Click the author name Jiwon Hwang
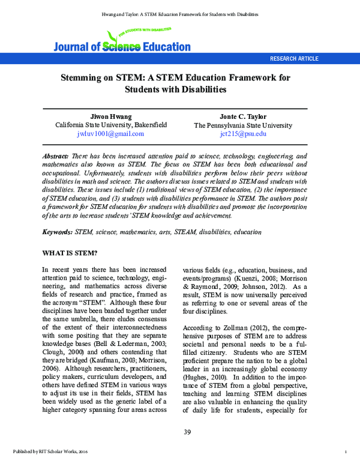[x=111, y=116]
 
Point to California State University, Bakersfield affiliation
[x=111, y=126]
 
